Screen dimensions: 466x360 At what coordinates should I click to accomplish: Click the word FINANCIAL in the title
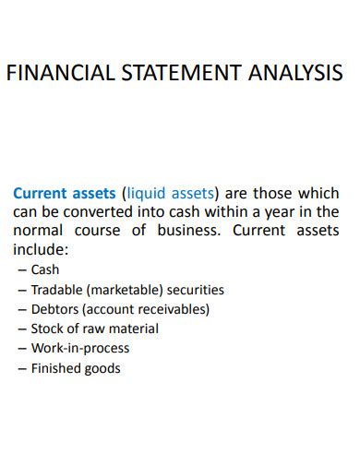pos(58,74)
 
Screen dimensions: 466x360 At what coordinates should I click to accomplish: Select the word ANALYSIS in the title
pos(295,74)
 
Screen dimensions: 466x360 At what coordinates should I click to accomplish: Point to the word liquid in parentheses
pos(148,194)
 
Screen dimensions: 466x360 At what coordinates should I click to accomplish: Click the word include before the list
pos(40,249)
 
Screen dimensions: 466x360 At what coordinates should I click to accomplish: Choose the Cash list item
pos(45,270)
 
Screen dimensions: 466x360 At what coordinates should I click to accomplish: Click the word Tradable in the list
pos(55,290)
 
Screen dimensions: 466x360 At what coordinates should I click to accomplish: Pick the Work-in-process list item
pos(80,349)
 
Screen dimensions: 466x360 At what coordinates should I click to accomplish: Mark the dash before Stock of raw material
pos(22,329)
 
